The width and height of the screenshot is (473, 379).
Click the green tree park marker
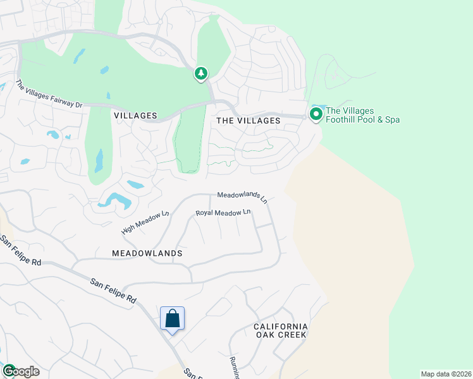point(201,75)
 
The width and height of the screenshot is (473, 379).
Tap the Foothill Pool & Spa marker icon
point(316,114)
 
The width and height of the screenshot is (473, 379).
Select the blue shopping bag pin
point(172,319)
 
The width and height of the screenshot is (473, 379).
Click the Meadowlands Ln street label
point(243,198)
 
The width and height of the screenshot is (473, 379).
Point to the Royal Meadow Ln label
point(223,214)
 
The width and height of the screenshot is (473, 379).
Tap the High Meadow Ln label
point(145,222)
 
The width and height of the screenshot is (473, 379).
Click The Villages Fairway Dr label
point(49,94)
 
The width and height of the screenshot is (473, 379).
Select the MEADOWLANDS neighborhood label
point(147,253)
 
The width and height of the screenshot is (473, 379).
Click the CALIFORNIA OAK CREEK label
point(281,330)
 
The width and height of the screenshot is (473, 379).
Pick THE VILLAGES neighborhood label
point(248,121)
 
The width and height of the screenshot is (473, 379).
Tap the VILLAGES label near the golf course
point(135,116)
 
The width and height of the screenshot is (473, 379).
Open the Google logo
point(20,371)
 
